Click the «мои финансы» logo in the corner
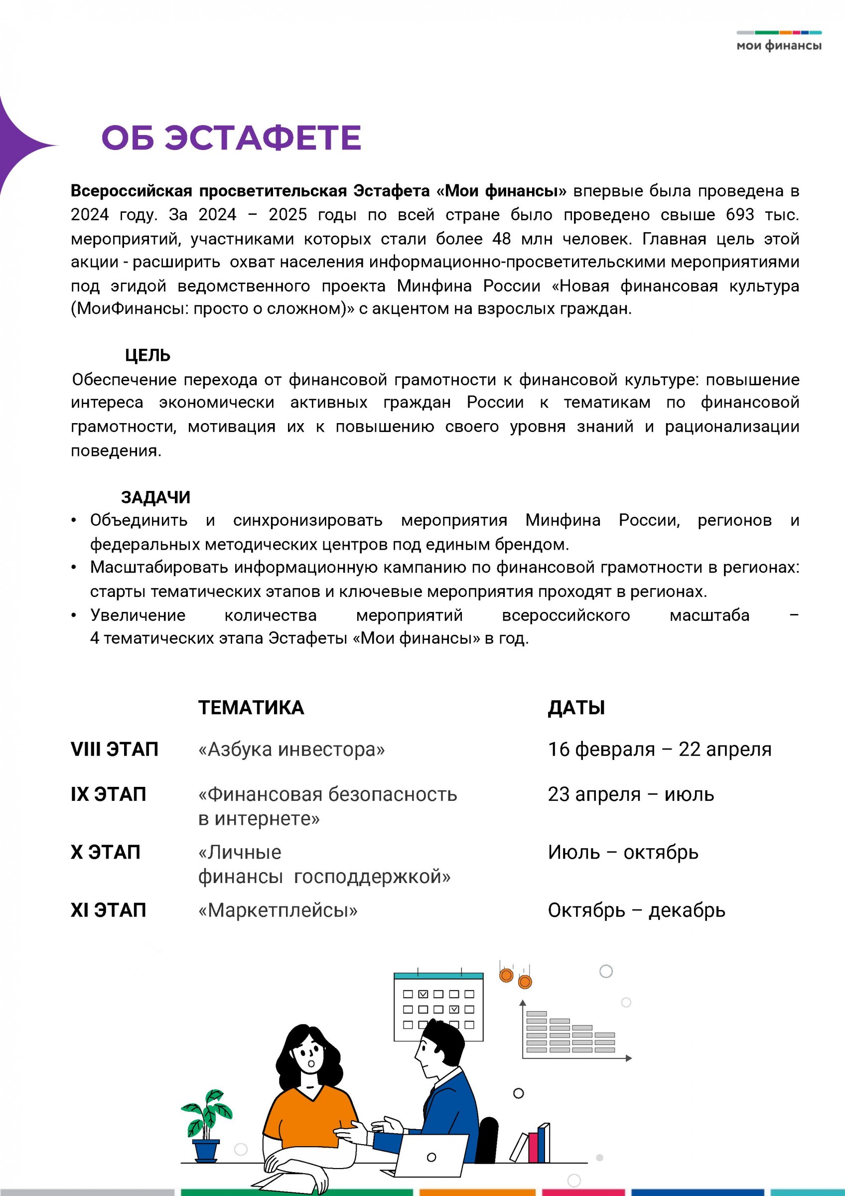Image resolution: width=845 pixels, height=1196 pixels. [778, 42]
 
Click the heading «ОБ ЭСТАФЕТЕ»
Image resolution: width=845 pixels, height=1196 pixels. [231, 138]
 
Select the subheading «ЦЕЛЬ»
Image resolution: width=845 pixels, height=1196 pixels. [147, 355]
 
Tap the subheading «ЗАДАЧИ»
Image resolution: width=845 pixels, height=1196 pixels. [155, 497]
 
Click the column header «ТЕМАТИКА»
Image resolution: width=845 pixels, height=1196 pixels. [251, 708]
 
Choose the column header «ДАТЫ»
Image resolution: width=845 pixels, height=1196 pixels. [576, 708]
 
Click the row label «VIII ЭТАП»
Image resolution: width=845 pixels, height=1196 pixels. [115, 749]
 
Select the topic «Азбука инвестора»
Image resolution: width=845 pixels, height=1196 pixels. [291, 749]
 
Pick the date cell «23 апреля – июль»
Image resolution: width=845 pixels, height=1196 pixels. [630, 794]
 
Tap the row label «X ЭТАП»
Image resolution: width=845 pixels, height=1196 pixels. [106, 852]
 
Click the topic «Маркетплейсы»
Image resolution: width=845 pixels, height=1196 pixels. [278, 910]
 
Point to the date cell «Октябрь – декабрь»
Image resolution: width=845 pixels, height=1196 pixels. [636, 910]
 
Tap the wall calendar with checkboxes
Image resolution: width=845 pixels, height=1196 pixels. [438, 1005]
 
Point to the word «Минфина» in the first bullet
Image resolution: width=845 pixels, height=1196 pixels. [563, 520]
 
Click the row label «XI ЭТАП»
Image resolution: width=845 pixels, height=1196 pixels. [108, 910]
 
